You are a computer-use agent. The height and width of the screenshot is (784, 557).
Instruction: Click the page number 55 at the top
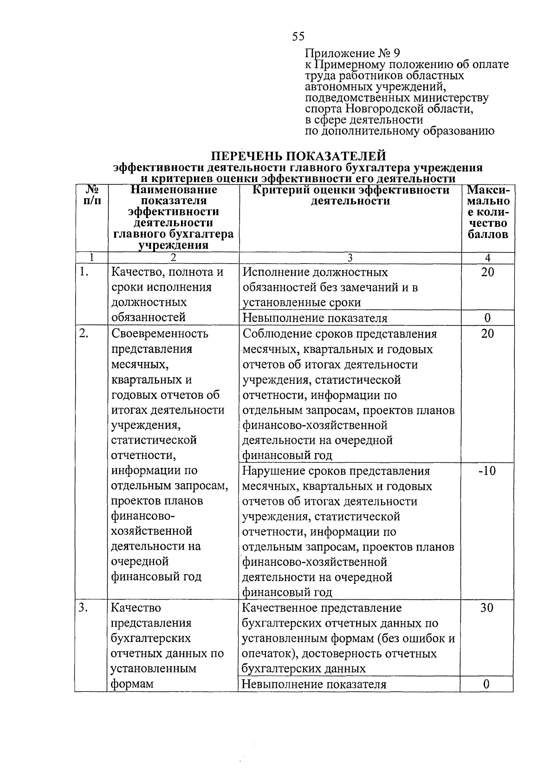point(298,36)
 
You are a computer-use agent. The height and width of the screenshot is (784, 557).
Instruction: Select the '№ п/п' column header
point(91,195)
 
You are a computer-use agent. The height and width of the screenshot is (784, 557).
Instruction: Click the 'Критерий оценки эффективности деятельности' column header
point(350,195)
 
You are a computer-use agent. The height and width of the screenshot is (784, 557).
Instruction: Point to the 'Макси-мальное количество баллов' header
point(488,212)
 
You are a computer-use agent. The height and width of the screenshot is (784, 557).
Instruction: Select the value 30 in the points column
point(487,608)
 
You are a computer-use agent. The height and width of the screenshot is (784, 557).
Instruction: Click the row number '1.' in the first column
point(84,272)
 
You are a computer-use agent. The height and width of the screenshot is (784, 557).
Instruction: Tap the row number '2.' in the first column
point(84,334)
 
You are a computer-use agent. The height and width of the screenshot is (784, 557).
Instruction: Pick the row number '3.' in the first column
point(84,608)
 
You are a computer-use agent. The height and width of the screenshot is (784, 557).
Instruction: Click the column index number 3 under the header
point(350,258)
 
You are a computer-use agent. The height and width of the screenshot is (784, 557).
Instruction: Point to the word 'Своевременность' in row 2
point(160,334)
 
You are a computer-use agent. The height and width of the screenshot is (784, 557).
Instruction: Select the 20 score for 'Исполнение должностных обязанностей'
point(487,272)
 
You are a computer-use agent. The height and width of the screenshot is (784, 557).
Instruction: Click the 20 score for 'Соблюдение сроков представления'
point(487,334)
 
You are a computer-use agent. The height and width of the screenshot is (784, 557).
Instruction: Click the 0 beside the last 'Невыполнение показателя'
point(487,684)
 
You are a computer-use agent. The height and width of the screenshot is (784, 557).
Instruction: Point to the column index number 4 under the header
point(487,258)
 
